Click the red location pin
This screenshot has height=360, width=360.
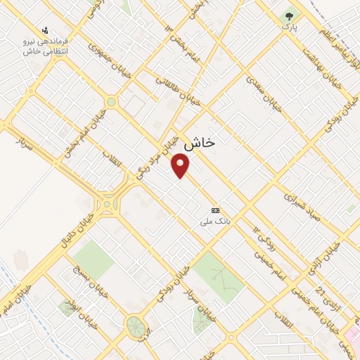(x=181, y=166)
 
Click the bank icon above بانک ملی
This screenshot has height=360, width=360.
(x=215, y=210)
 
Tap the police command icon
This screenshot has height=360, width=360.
(x=45, y=31)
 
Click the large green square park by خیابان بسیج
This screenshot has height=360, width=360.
(x=93, y=259)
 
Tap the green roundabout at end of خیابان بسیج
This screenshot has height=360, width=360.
(x=134, y=326)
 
